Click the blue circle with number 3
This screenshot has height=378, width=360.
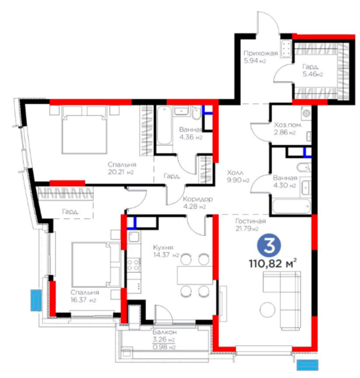tap(268, 246)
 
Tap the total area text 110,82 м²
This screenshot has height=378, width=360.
tap(273, 264)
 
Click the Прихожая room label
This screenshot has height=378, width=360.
tap(260, 53)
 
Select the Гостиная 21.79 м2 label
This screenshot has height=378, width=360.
tap(250, 224)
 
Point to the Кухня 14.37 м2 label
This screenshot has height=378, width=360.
tap(166, 251)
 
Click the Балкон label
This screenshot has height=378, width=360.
tap(165, 332)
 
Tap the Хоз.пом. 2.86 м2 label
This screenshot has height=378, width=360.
tap(288, 129)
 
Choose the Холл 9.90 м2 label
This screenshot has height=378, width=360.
tap(238, 176)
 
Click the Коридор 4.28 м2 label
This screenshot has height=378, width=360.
tap(198, 203)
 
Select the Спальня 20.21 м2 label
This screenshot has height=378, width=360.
tap(122, 168)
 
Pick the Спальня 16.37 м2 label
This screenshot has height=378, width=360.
tap(85, 296)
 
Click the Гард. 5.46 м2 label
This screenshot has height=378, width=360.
tap(313, 70)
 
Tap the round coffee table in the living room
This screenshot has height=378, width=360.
tap(267, 309)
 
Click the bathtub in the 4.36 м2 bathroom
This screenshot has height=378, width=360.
tap(165, 125)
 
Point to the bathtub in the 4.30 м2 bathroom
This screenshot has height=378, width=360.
tap(291, 206)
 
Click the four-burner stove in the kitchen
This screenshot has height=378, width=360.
tap(133, 265)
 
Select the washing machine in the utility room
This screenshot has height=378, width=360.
tap(306, 113)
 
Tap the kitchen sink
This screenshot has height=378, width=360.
tap(134, 237)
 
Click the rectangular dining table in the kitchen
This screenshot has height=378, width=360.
tap(195, 275)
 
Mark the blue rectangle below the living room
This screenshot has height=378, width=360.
tap(308, 365)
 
